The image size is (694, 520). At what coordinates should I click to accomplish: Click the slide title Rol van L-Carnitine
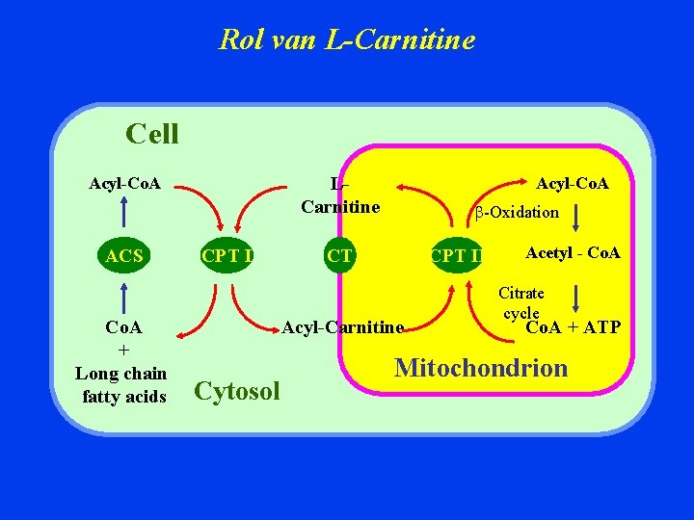click(x=347, y=39)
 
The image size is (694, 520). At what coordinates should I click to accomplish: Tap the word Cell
click(x=152, y=133)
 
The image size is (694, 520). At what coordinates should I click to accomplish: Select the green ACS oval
click(x=124, y=255)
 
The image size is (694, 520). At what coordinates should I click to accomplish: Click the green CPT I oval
click(x=227, y=255)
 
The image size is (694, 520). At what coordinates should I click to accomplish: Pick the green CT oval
click(x=339, y=255)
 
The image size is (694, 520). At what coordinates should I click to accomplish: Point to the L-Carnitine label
click(x=340, y=195)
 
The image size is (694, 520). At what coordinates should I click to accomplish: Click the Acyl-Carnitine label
click(x=342, y=327)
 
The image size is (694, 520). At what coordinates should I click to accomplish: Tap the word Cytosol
click(x=237, y=390)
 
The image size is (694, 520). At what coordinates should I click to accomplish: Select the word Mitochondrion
click(x=481, y=367)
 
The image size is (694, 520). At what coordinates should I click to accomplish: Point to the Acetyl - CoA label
click(x=573, y=253)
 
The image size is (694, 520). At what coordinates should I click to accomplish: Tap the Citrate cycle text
click(x=520, y=302)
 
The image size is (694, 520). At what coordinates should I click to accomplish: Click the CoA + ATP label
click(x=573, y=327)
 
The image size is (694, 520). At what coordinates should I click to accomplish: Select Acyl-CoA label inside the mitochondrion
click(x=573, y=183)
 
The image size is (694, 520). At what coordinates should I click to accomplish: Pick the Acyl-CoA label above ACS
click(x=124, y=183)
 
